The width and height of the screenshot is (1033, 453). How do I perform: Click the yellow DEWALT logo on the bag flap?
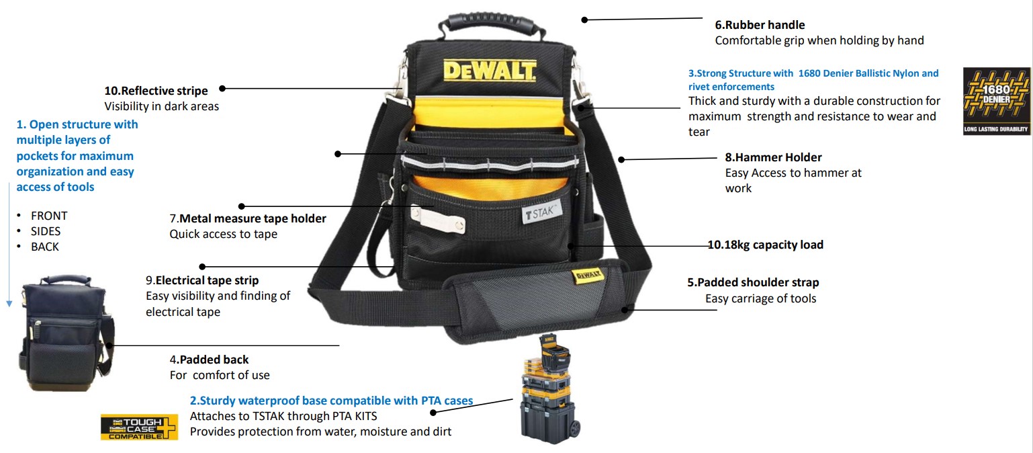(489, 71)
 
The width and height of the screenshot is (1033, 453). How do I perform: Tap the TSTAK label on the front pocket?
(542, 213)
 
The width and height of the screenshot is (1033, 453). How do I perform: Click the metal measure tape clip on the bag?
(438, 218)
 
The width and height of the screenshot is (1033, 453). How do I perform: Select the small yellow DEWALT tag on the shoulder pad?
(588, 276)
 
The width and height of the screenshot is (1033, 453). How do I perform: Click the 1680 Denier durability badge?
(997, 101)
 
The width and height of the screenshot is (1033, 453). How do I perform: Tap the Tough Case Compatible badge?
(139, 427)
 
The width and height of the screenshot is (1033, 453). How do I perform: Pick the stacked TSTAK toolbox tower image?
(549, 388)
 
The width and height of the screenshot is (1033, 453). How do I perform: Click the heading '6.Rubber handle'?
(760, 25)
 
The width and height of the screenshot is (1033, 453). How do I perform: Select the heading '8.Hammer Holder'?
(773, 157)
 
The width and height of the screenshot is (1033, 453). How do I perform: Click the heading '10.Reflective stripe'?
(156, 91)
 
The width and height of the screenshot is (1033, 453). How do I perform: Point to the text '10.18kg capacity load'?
(766, 245)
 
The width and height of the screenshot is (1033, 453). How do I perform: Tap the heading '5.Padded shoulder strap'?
(753, 282)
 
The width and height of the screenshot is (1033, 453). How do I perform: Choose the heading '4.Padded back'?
(209, 360)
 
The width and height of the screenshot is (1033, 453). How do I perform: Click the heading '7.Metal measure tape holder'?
(248, 218)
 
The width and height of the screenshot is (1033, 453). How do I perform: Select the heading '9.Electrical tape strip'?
(202, 280)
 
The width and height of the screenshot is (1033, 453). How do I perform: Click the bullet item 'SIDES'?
(46, 232)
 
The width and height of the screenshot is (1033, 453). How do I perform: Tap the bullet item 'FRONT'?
(49, 216)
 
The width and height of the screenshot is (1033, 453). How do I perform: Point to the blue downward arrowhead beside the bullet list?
(9, 304)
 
